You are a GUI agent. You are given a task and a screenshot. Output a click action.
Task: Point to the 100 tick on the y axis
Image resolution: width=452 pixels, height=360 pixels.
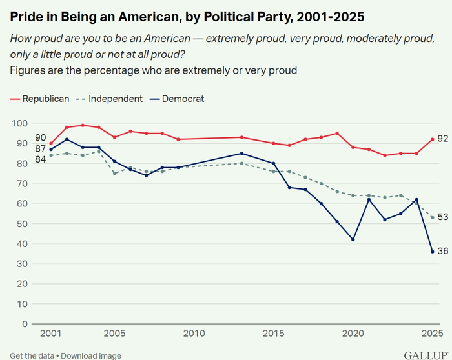(20, 123)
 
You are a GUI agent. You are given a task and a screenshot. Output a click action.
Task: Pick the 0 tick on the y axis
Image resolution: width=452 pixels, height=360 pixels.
(25, 324)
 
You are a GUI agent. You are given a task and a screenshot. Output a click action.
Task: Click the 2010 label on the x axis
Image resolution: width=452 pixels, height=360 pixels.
(194, 334)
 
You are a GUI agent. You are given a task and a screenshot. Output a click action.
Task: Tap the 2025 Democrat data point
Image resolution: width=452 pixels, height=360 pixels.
(432, 252)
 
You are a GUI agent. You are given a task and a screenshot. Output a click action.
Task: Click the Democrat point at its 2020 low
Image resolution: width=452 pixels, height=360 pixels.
(353, 239)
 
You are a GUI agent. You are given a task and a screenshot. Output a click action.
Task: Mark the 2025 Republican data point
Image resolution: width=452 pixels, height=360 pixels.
(432, 139)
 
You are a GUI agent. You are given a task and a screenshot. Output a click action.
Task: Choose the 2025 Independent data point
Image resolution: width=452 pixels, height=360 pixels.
(432, 217)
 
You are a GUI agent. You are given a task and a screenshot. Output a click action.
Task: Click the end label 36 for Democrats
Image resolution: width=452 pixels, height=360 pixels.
(443, 251)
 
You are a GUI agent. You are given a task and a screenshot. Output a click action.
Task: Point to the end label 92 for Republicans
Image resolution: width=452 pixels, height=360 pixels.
(443, 139)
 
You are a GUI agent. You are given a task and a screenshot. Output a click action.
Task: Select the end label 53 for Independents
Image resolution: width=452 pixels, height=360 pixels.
(443, 217)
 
